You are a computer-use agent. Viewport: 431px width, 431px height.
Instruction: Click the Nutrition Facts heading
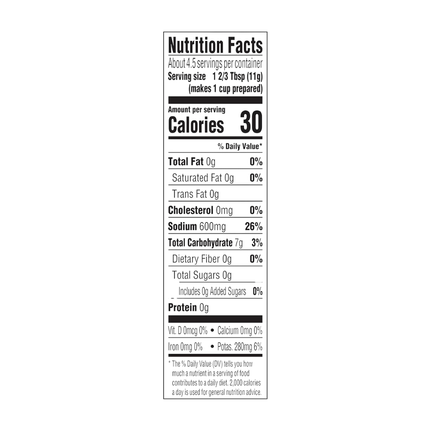coord(215,46)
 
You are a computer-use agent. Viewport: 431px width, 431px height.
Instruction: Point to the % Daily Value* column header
coord(240,146)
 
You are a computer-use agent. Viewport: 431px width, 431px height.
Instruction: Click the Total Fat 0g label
coord(192,162)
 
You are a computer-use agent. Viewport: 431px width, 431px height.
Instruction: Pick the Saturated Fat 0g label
coord(203,178)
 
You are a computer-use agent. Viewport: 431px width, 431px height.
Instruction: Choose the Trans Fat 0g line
coord(195,194)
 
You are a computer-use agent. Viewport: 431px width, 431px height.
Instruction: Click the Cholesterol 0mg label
coord(200,210)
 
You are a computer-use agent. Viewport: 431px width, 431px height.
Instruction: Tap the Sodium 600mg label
coord(196,227)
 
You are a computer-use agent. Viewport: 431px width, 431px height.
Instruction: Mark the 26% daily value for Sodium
coord(253,227)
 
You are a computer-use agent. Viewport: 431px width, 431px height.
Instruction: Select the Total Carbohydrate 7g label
coord(205,243)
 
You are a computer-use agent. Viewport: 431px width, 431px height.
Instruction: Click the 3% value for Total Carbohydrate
coord(257,243)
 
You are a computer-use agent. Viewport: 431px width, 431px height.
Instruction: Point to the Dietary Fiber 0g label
coord(202,259)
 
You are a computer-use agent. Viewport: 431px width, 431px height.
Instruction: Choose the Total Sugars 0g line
coord(202,275)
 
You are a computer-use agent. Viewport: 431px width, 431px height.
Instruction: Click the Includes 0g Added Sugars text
coord(212,291)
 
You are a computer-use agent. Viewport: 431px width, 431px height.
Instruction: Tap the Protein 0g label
coord(188,308)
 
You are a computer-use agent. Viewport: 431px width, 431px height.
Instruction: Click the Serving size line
coord(215,76)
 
